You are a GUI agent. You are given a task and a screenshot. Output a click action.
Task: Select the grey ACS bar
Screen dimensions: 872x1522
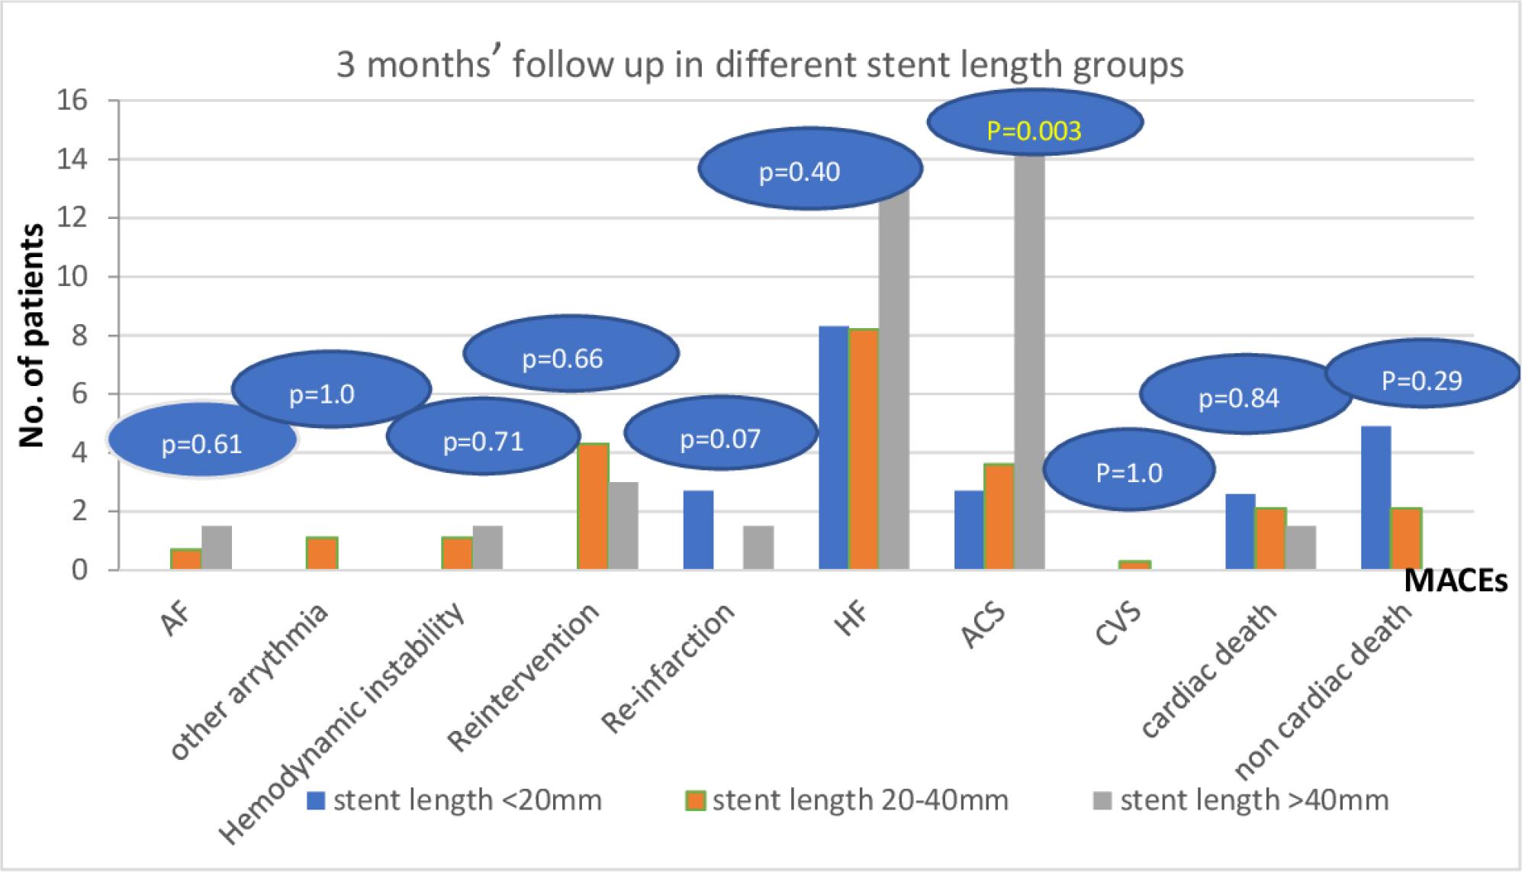(1029, 359)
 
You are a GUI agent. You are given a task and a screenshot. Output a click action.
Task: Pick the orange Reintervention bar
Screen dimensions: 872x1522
(593, 507)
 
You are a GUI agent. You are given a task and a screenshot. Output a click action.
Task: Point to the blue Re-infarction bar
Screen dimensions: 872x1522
(698, 530)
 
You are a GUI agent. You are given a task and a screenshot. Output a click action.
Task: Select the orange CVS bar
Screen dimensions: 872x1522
(1134, 565)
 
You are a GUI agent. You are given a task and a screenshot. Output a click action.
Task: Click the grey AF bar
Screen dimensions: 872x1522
(217, 548)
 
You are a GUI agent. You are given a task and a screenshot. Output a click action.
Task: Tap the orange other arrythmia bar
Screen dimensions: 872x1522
(322, 554)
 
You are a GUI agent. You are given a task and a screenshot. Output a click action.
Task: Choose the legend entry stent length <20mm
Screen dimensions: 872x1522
(455, 800)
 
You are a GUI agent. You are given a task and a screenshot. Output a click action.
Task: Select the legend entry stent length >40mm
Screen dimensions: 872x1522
(1241, 800)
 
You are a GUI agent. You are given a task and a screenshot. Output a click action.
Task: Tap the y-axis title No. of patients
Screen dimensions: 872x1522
(31, 336)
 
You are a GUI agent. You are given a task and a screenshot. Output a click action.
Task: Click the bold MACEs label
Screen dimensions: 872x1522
(1456, 582)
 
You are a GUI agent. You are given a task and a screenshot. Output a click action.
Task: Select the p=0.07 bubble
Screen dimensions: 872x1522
(720, 439)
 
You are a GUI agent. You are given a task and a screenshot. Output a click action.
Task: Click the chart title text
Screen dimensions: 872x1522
(760, 65)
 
